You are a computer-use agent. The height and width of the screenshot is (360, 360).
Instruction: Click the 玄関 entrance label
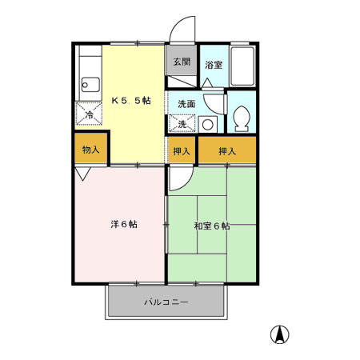[181, 62]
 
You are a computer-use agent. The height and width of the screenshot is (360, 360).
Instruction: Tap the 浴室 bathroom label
[213, 65]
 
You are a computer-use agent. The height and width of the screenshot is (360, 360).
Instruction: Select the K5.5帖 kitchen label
[130, 102]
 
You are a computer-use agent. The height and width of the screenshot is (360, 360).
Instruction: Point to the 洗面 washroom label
[186, 104]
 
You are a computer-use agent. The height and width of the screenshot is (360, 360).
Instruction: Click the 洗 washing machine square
[182, 124]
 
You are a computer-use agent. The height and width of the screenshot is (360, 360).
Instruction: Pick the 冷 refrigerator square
[89, 114]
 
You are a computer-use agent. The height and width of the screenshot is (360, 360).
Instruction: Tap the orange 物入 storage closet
[90, 150]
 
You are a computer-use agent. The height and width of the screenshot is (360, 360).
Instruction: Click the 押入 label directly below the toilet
[228, 150]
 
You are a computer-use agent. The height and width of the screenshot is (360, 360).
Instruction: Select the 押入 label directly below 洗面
[182, 150]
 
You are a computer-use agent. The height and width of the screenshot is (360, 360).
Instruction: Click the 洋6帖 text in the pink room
[123, 225]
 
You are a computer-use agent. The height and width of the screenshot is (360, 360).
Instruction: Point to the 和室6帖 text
[211, 226]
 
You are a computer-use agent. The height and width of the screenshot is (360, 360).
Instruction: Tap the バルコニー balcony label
[166, 303]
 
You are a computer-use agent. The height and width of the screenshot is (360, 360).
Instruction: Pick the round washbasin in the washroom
[207, 124]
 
